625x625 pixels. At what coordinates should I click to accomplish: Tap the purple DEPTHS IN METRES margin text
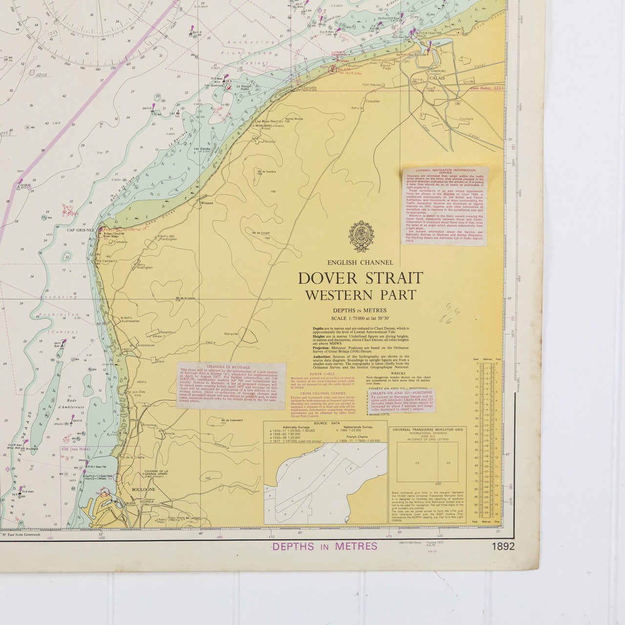325,546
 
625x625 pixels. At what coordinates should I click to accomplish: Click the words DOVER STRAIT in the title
360,278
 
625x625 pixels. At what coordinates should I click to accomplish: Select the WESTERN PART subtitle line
360,295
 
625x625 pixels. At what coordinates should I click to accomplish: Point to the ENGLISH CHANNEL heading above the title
360,263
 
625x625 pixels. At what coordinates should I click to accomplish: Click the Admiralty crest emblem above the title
361,236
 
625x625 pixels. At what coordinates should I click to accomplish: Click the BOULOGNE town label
143,489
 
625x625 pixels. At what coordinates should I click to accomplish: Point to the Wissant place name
207,203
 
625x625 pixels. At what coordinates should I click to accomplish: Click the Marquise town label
231,334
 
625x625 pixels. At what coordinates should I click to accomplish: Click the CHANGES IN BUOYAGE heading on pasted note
229,366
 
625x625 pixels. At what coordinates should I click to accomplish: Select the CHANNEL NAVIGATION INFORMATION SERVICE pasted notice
445,206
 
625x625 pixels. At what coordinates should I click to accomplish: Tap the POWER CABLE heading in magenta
323,374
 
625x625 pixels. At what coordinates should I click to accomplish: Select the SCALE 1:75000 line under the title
360,318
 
